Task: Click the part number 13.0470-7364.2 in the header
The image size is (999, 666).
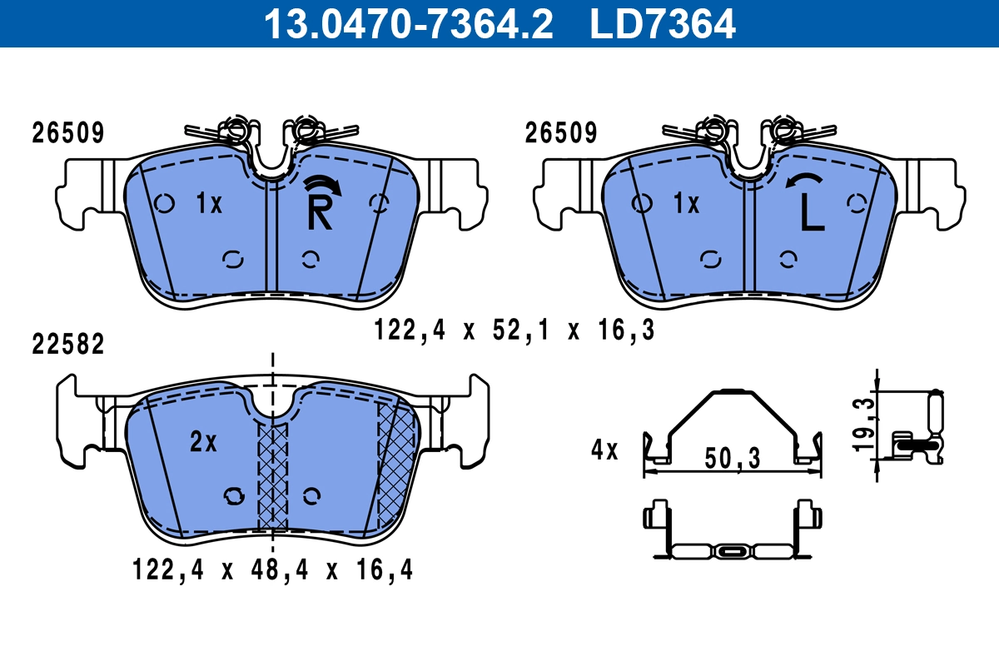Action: click(x=408, y=23)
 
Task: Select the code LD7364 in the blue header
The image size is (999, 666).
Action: click(x=663, y=23)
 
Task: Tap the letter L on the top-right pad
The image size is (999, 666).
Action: click(x=811, y=214)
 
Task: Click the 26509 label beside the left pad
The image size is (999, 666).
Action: click(x=68, y=132)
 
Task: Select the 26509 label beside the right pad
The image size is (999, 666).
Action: click(x=561, y=132)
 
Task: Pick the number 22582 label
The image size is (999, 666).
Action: click(x=68, y=345)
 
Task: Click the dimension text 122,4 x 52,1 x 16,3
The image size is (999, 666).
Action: click(x=514, y=331)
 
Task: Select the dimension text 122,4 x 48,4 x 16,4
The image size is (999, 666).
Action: click(x=272, y=569)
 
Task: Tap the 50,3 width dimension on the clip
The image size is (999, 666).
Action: click(x=731, y=457)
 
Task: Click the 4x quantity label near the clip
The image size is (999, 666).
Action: click(x=604, y=450)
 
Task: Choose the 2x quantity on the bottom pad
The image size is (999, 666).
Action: click(x=203, y=443)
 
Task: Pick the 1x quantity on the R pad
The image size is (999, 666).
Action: click(x=209, y=203)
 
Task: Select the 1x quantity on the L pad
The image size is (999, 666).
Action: click(x=686, y=203)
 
